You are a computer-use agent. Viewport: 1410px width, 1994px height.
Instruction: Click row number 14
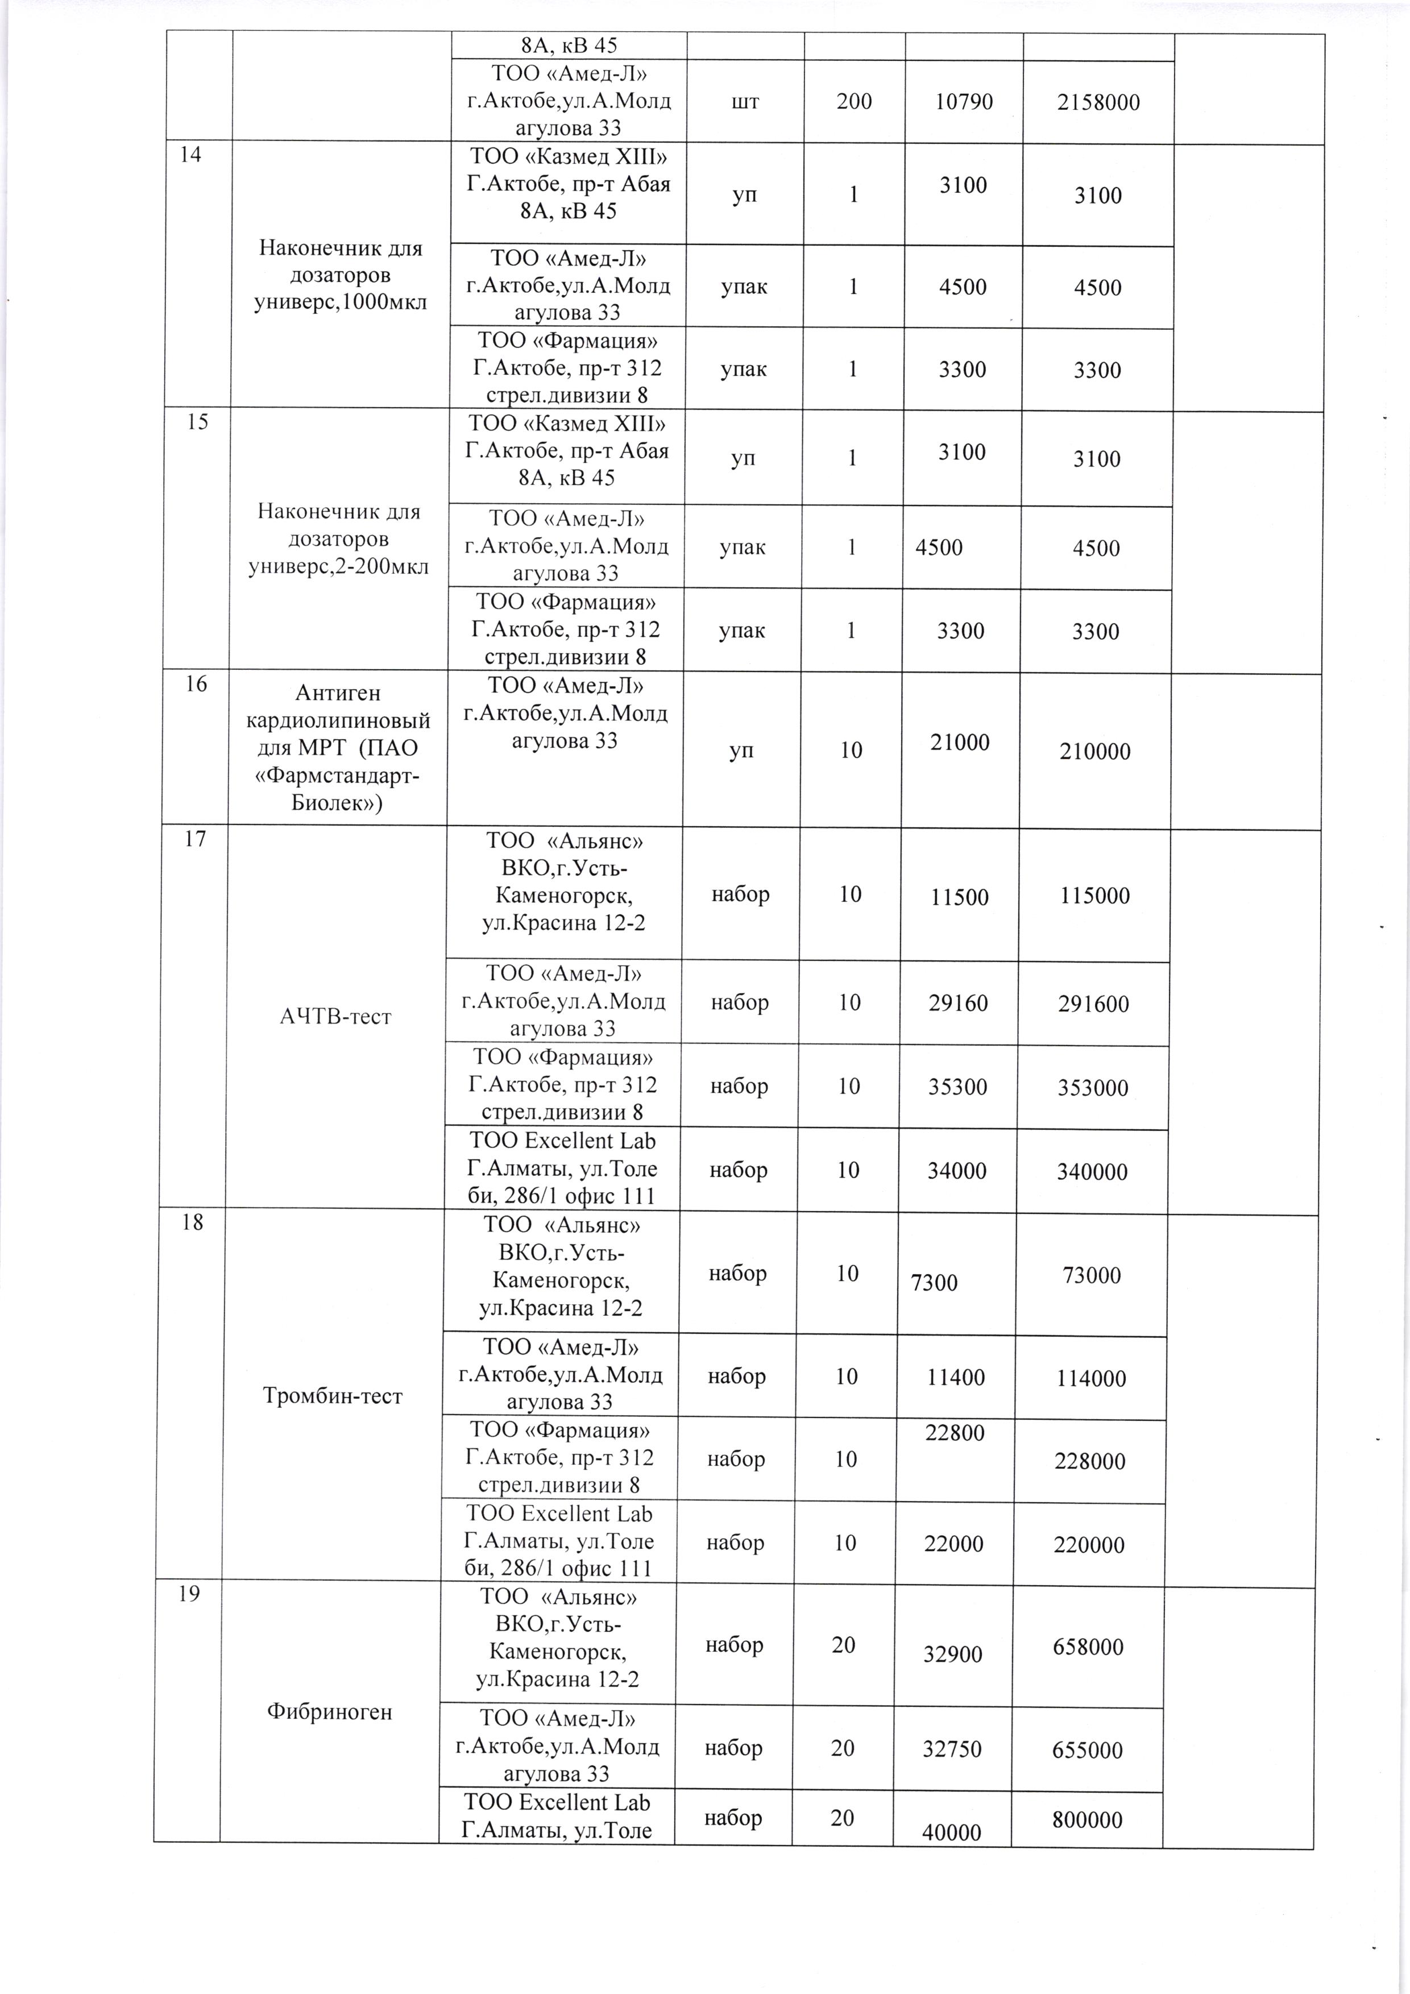(190, 155)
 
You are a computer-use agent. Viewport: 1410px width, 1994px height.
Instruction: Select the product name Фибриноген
(329, 1712)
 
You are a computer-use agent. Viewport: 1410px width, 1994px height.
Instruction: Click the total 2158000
(1098, 102)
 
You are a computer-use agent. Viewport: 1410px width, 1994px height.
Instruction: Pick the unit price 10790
(964, 102)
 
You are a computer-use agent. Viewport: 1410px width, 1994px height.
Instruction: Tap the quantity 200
(855, 102)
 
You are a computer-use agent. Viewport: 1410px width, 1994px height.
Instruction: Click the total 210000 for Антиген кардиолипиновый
(1095, 752)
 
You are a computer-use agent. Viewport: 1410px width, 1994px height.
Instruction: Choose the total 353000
(1092, 1088)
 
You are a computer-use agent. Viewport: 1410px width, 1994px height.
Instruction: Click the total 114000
(1090, 1379)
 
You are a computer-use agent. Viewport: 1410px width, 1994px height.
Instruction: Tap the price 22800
(955, 1433)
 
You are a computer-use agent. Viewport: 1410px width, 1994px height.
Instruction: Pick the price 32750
(952, 1749)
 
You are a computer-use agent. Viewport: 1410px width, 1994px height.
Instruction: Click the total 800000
(1087, 1821)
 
